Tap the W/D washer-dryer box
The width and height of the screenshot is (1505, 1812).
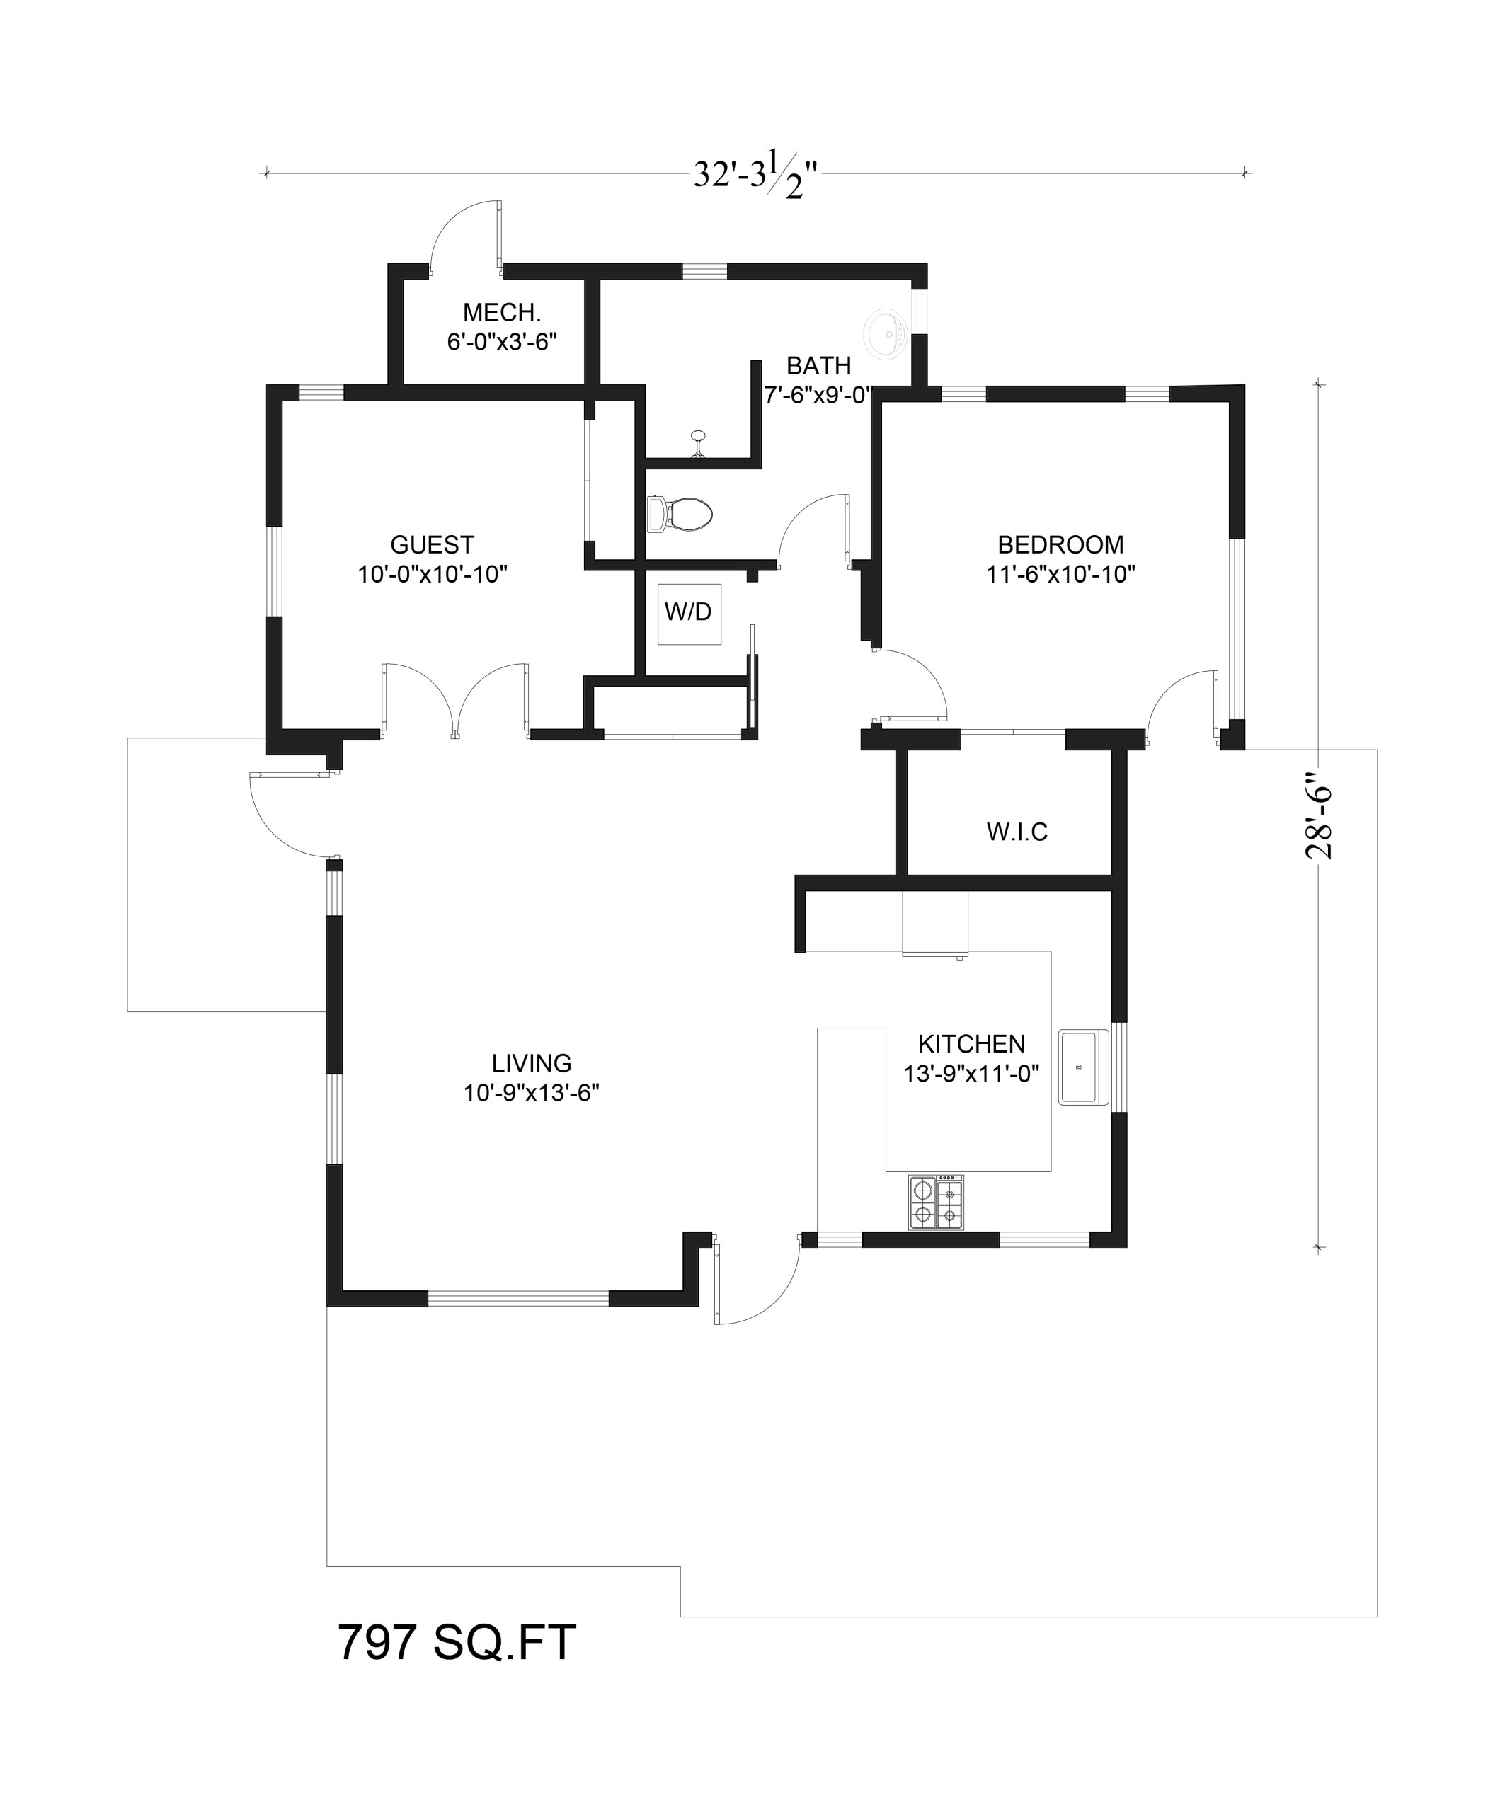[x=689, y=614]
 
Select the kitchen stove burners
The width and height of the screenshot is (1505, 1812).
[x=937, y=1201]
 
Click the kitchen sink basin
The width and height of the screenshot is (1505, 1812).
[x=1079, y=1067]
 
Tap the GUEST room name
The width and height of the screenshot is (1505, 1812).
[x=433, y=544]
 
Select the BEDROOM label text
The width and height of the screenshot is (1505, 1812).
[x=1060, y=544]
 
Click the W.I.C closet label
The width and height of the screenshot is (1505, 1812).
[x=1017, y=832]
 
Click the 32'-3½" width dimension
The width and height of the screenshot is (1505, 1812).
[x=756, y=173]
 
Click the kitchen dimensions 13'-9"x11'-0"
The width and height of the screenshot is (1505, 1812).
[x=972, y=1074]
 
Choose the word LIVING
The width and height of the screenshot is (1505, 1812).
[x=532, y=1063]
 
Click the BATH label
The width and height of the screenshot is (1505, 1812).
[x=819, y=366]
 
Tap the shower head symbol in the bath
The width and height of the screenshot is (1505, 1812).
[x=699, y=442]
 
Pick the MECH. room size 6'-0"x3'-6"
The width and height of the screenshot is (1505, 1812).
[x=502, y=343]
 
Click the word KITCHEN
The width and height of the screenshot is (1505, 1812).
[x=972, y=1044]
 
